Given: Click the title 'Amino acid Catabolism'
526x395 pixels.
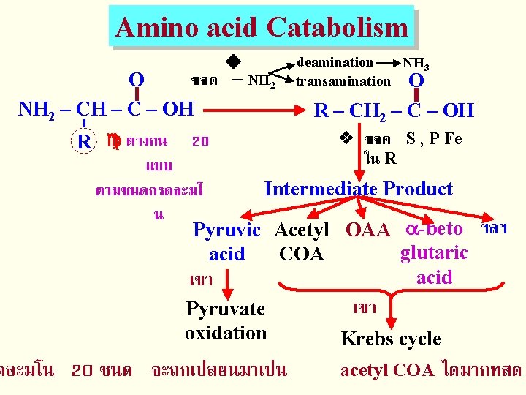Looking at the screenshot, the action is tap(262, 28).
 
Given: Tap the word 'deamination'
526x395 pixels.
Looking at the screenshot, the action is tap(335, 63).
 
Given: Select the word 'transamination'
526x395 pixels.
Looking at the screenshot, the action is tap(343, 81).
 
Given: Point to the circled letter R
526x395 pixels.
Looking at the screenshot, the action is tap(85, 141).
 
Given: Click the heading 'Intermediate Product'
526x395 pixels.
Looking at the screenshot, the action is tap(358, 189).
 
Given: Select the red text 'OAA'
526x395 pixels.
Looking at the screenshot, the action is tap(367, 230).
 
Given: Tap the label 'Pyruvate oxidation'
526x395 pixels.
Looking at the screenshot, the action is tap(226, 320).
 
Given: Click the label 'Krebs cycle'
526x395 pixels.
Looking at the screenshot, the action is tap(391, 339).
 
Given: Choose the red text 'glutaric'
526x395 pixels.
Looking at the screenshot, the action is tap(434, 253).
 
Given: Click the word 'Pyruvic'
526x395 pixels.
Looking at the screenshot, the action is tap(226, 230).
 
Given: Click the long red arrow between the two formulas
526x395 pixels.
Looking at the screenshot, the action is tap(248, 111).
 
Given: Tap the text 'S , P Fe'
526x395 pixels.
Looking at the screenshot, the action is tap(434, 139).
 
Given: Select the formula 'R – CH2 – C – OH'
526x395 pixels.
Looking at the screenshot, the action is tap(394, 111).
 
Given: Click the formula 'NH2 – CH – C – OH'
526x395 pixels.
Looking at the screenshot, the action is tap(105, 110).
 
